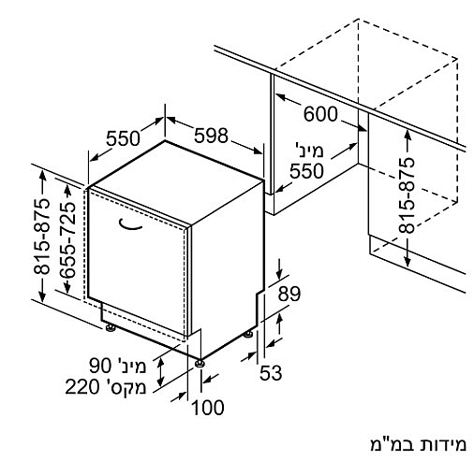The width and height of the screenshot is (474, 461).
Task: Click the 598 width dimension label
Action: click(x=211, y=136)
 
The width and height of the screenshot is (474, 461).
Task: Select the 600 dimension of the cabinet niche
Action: click(x=320, y=114)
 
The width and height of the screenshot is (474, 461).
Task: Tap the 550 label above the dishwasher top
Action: click(x=123, y=138)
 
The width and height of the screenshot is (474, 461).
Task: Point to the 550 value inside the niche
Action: click(x=306, y=171)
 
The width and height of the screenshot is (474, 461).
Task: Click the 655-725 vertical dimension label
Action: click(x=68, y=240)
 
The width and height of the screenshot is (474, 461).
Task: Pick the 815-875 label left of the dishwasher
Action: click(x=42, y=237)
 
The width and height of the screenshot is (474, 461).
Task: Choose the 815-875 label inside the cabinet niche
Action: click(x=407, y=195)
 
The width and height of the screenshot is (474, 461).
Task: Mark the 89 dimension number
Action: click(x=289, y=294)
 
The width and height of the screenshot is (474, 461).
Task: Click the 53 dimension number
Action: click(x=271, y=373)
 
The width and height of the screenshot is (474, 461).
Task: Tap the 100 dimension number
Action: click(x=208, y=408)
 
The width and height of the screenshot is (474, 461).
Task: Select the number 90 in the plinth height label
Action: click(x=100, y=366)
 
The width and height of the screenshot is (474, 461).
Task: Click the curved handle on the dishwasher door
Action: click(x=130, y=224)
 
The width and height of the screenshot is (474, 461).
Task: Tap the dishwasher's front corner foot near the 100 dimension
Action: click(x=200, y=364)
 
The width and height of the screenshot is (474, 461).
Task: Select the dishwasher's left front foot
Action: click(x=111, y=328)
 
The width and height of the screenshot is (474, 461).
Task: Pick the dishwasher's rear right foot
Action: click(x=248, y=335)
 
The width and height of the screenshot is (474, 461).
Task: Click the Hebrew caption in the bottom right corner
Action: click(x=418, y=444)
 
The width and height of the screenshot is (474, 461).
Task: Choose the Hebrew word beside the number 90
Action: click(x=130, y=366)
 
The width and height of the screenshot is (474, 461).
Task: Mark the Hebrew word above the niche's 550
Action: click(x=308, y=151)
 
